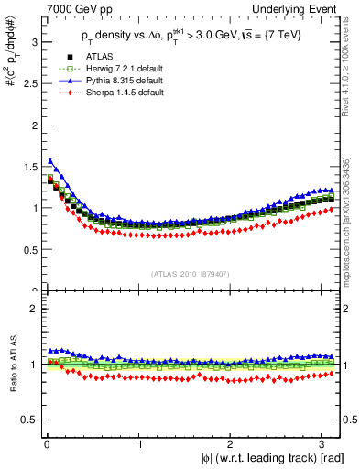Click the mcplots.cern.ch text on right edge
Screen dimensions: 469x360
pyautogui.click(x=353, y=238)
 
